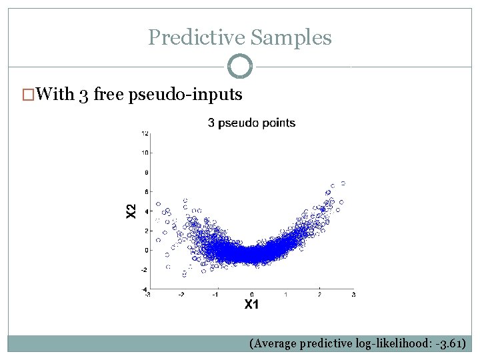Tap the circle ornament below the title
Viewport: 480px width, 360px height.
coord(240,66)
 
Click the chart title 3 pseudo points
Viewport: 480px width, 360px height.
coord(251,123)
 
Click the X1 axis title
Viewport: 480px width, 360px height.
coord(251,305)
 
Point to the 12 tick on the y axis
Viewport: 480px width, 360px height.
coord(144,133)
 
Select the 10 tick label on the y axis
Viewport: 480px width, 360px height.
coord(144,153)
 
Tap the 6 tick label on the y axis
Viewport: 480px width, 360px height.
coord(145,192)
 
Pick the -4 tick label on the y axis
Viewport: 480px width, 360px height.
coord(144,289)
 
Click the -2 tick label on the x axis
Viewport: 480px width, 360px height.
coord(181,294)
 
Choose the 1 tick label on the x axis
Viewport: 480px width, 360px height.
coord(285,294)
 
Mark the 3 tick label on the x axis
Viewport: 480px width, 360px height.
coord(353,294)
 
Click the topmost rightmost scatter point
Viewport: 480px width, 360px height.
coord(343,183)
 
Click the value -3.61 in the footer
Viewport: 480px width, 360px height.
coord(452,344)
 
